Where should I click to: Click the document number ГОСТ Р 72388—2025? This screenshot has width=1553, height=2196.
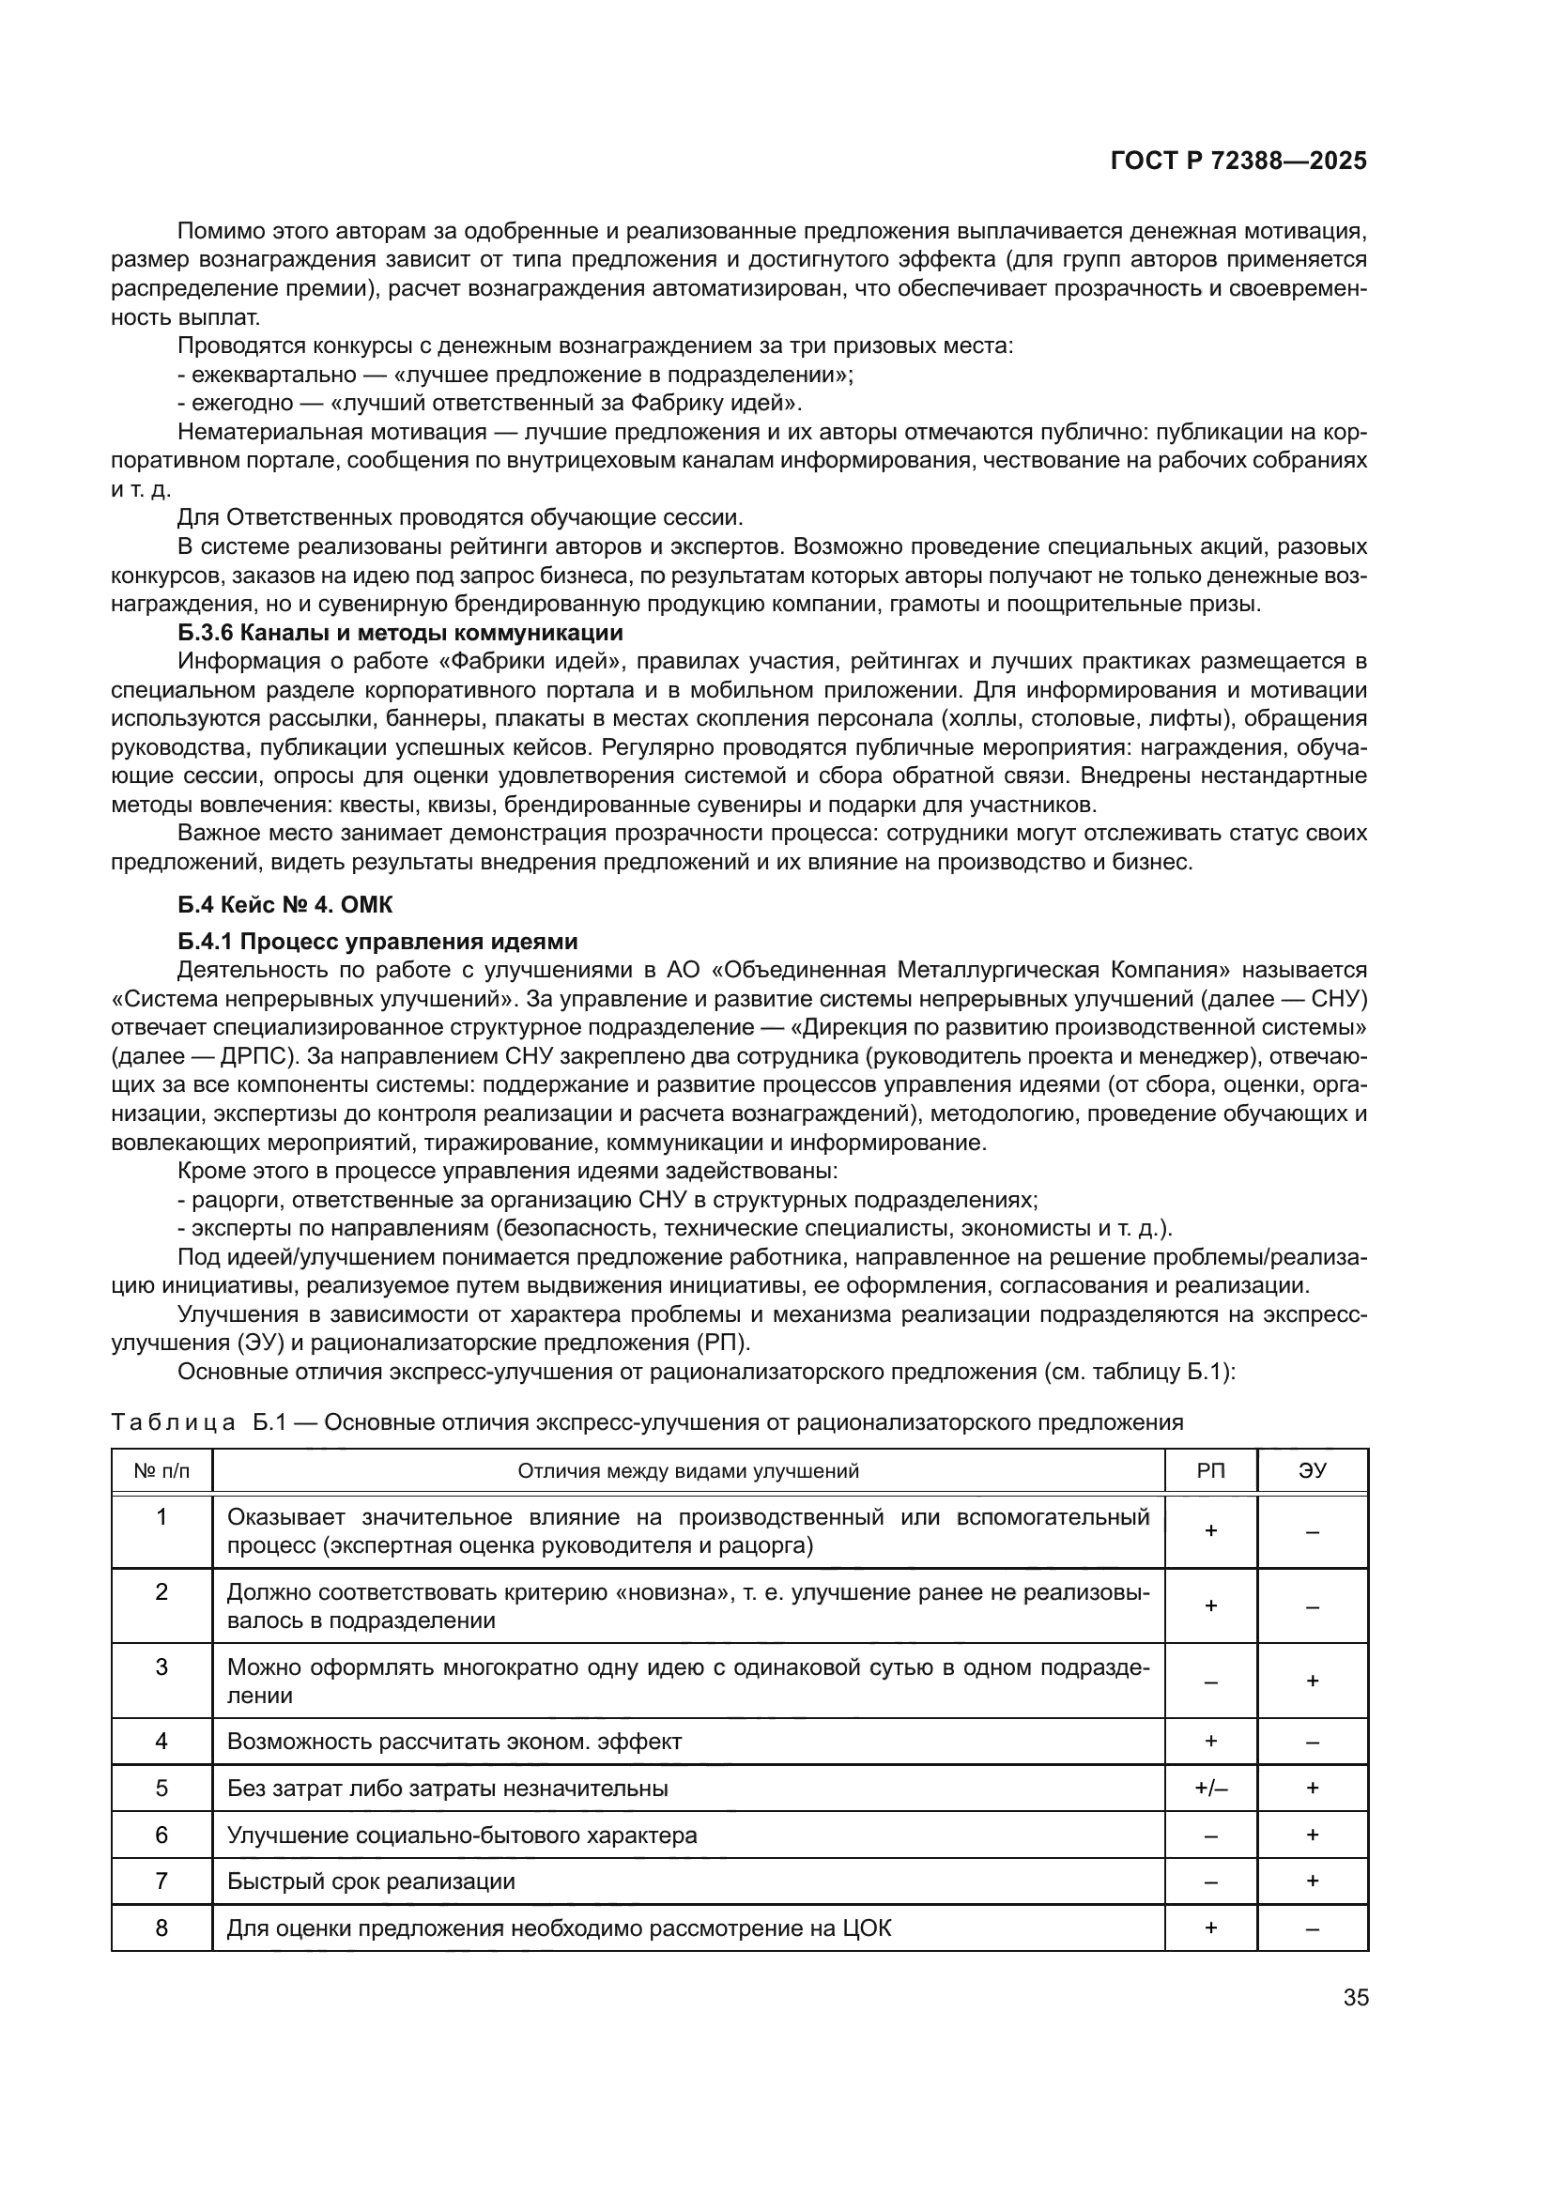pyautogui.click(x=1238, y=161)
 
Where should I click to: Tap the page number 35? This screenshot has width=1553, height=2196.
pyautogui.click(x=1356, y=1998)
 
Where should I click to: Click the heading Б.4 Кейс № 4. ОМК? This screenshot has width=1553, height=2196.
pyautogui.click(x=285, y=905)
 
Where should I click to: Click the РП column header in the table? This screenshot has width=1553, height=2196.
pyautogui.click(x=1209, y=1471)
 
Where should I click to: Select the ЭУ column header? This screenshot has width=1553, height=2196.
pyautogui.click(x=1312, y=1471)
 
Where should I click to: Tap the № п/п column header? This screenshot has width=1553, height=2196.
pyautogui.click(x=161, y=1471)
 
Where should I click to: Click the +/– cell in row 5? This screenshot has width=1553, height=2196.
pyautogui.click(x=1209, y=1788)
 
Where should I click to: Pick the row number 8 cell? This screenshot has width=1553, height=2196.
pyautogui.click(x=161, y=1928)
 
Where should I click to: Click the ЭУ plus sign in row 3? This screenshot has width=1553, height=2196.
pyautogui.click(x=1312, y=1681)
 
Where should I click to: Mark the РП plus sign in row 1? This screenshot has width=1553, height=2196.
pyautogui.click(x=1209, y=1531)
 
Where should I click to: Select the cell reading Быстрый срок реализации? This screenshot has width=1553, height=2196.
pyautogui.click(x=371, y=1881)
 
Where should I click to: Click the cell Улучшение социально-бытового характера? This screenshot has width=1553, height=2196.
pyautogui.click(x=462, y=1835)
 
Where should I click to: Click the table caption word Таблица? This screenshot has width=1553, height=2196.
pyautogui.click(x=173, y=1422)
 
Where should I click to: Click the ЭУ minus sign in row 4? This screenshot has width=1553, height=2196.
pyautogui.click(x=1312, y=1742)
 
